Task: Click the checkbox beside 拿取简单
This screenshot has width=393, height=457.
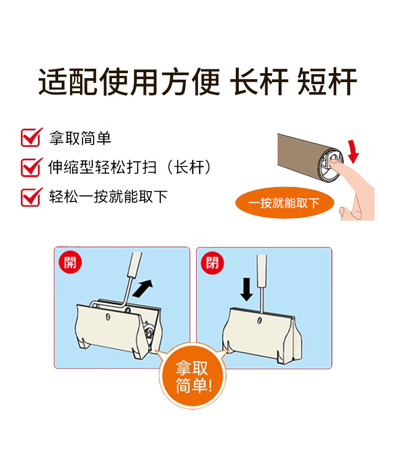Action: pyautogui.click(x=30, y=137)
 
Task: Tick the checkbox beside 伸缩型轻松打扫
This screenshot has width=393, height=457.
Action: pyautogui.click(x=30, y=167)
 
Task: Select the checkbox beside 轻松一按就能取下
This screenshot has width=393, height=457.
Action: pyautogui.click(x=30, y=197)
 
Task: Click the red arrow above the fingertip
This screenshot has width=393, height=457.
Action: pyautogui.click(x=353, y=151)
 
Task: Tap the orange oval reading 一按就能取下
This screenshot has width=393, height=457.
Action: pyautogui.click(x=285, y=203)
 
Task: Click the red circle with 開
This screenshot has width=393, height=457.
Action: pyautogui.click(x=70, y=262)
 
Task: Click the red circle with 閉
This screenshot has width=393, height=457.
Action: pyautogui.click(x=212, y=263)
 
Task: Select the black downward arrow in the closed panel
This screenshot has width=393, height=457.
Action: pyautogui.click(x=246, y=289)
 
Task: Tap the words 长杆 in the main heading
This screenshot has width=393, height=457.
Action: pyautogui.click(x=259, y=82)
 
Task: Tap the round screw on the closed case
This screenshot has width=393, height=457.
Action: pyautogui.click(x=259, y=321)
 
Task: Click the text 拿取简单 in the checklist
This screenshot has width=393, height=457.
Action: pyautogui.click(x=80, y=138)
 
